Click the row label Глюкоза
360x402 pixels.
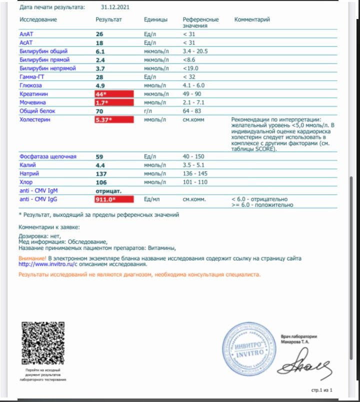(30, 85)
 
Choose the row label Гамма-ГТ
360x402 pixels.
(33, 77)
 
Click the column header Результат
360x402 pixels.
(108, 20)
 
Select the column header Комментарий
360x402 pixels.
(252, 20)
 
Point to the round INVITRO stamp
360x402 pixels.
(244, 345)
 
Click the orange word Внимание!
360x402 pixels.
(32, 258)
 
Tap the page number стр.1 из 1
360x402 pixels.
(322, 389)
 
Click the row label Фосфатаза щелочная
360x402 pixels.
(48, 157)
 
